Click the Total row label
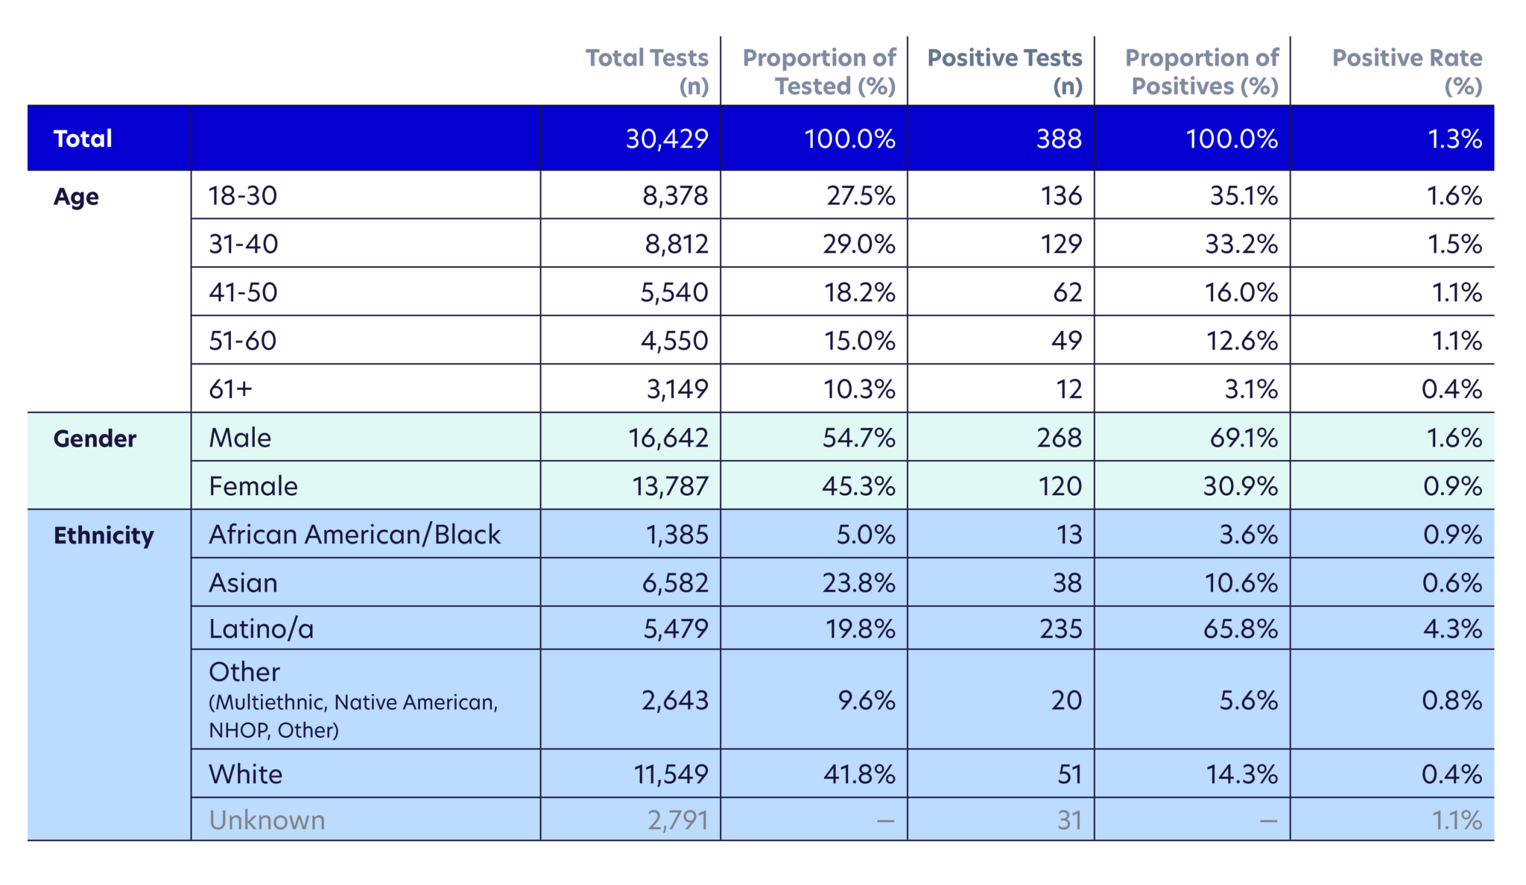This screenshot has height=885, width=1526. point(83,139)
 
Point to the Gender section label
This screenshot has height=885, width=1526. point(95,438)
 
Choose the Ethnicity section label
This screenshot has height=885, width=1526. point(104,535)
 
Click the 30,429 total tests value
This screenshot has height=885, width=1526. point(667,139)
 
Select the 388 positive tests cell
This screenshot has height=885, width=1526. point(1059,139)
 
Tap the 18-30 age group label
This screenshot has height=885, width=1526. point(243,196)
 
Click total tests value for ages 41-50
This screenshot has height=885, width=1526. point(674,292)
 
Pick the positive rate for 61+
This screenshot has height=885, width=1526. point(1451,389)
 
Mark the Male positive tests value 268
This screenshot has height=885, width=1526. point(1059,438)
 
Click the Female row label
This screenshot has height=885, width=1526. point(253,486)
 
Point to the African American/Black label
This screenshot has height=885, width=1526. point(355,535)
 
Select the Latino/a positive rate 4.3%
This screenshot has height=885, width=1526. point(1452,629)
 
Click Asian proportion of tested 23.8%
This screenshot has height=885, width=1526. point(858,583)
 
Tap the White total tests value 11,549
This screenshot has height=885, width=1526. point(671,774)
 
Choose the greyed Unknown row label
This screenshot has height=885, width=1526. point(267,820)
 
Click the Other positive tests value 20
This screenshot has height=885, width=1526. point(1066,700)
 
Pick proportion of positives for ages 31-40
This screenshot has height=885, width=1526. point(1241,244)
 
